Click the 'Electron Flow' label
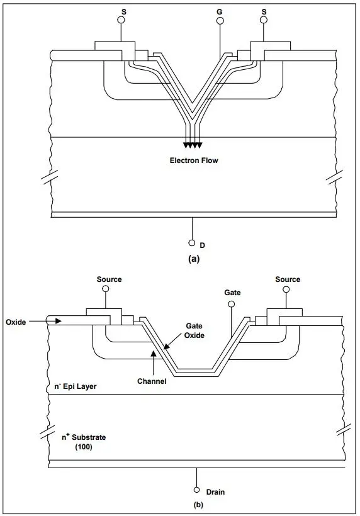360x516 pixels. tap(193, 160)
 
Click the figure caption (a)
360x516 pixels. tap(193, 258)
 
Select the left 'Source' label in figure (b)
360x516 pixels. tap(110, 279)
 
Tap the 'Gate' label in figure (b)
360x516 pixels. tap(233, 293)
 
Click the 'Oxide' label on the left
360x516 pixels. tap(16, 322)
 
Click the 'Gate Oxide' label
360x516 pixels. tap(194, 330)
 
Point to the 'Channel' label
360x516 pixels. tap(151, 381)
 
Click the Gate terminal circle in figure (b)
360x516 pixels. tap(232, 305)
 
